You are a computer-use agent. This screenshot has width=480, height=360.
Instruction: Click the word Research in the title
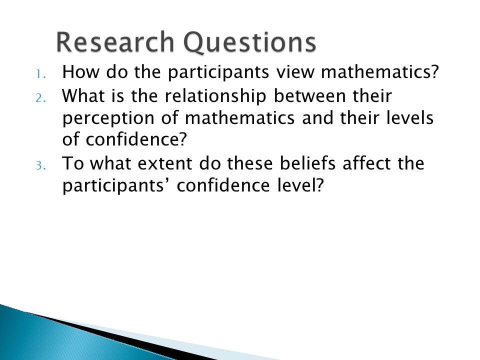point(115,42)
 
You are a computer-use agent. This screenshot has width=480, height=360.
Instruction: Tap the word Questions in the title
point(250,43)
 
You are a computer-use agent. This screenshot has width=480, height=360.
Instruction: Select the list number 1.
point(40,74)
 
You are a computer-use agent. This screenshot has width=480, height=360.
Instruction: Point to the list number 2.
point(40,98)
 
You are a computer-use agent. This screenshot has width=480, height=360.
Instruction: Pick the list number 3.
point(40,165)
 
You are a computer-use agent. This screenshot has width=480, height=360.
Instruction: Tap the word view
point(295,72)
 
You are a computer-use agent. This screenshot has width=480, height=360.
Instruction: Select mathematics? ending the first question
point(380,72)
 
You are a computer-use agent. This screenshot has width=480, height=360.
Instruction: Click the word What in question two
point(83,96)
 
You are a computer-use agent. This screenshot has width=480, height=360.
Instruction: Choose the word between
point(309,96)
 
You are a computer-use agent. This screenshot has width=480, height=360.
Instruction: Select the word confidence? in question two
point(136,139)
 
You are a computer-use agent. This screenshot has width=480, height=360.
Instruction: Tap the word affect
point(366,163)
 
